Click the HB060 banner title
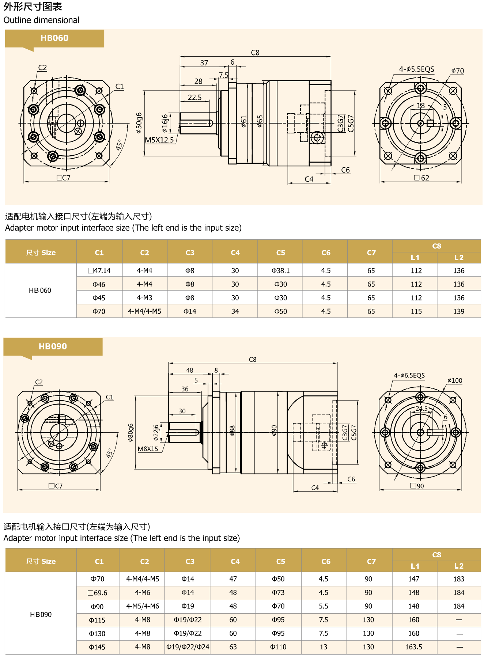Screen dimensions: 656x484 54,38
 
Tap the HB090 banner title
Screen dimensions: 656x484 53,346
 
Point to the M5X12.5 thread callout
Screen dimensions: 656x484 159,140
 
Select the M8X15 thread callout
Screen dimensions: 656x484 148,449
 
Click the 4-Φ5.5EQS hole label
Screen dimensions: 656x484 416,69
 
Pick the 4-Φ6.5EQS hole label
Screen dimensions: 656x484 409,375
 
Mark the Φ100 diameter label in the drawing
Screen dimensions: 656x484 455,380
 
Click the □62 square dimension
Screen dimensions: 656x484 421,178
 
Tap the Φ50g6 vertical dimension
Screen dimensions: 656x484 139,123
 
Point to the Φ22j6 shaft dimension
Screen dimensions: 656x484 156,432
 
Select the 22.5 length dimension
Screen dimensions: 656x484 194,97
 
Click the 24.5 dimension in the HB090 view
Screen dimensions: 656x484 421,409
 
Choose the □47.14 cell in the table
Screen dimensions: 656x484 99,270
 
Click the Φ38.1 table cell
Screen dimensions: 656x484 280,270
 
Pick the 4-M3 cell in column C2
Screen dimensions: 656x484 144,298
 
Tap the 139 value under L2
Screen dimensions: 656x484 458,311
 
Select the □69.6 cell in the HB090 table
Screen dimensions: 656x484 97,593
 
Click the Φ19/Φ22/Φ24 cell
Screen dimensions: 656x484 188,647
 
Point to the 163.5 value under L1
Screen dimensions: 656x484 413,647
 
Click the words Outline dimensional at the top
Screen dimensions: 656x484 41,20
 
